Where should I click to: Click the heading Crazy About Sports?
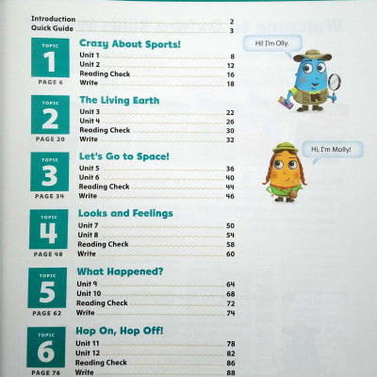pyautogui.click(x=129, y=44)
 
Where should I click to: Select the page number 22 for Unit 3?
pyautogui.click(x=229, y=112)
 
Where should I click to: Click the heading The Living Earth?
pyautogui.click(x=119, y=100)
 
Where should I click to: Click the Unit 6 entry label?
pyautogui.click(x=90, y=178)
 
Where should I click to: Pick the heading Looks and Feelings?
pyautogui.click(x=125, y=213)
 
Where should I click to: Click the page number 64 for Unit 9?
pyautogui.click(x=229, y=283)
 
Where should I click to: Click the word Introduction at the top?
pyautogui.click(x=52, y=20)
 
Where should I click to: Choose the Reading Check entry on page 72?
pyautogui.click(x=102, y=303)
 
